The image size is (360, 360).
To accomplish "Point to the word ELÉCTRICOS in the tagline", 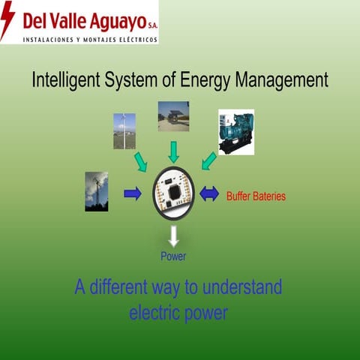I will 136,39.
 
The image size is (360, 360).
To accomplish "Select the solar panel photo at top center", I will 173,116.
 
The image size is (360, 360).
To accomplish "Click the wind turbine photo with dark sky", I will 96,191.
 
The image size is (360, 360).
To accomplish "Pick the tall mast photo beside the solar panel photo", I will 124,131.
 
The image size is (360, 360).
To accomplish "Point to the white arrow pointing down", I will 174,236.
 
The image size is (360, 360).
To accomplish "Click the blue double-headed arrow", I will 209,193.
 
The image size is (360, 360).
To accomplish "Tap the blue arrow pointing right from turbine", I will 133,193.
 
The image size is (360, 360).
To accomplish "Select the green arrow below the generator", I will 209,161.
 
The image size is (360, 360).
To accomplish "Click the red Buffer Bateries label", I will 256,196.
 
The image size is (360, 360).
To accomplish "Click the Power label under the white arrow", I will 173,256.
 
